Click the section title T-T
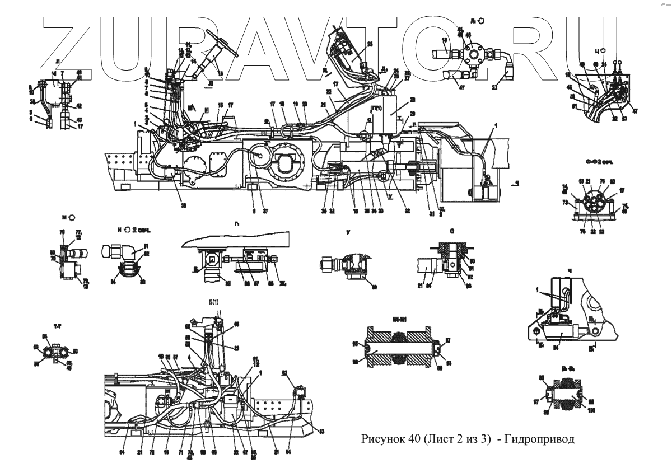coord(57,325)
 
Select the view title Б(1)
coord(217,305)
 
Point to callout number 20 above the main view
coord(305,104)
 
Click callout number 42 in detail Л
coord(78,105)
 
